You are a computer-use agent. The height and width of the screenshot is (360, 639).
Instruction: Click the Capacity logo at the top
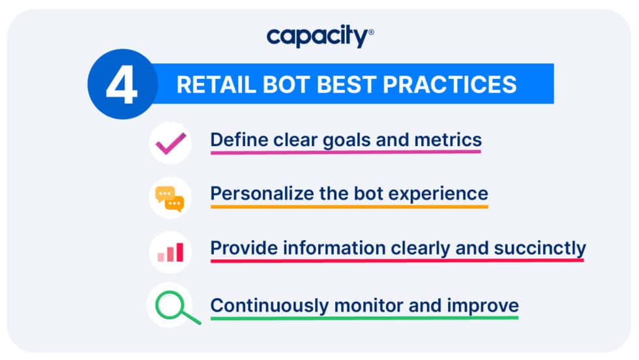click(319, 37)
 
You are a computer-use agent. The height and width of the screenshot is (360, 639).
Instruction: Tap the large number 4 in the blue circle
click(121, 84)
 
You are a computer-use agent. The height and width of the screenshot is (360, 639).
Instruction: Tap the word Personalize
click(259, 194)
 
